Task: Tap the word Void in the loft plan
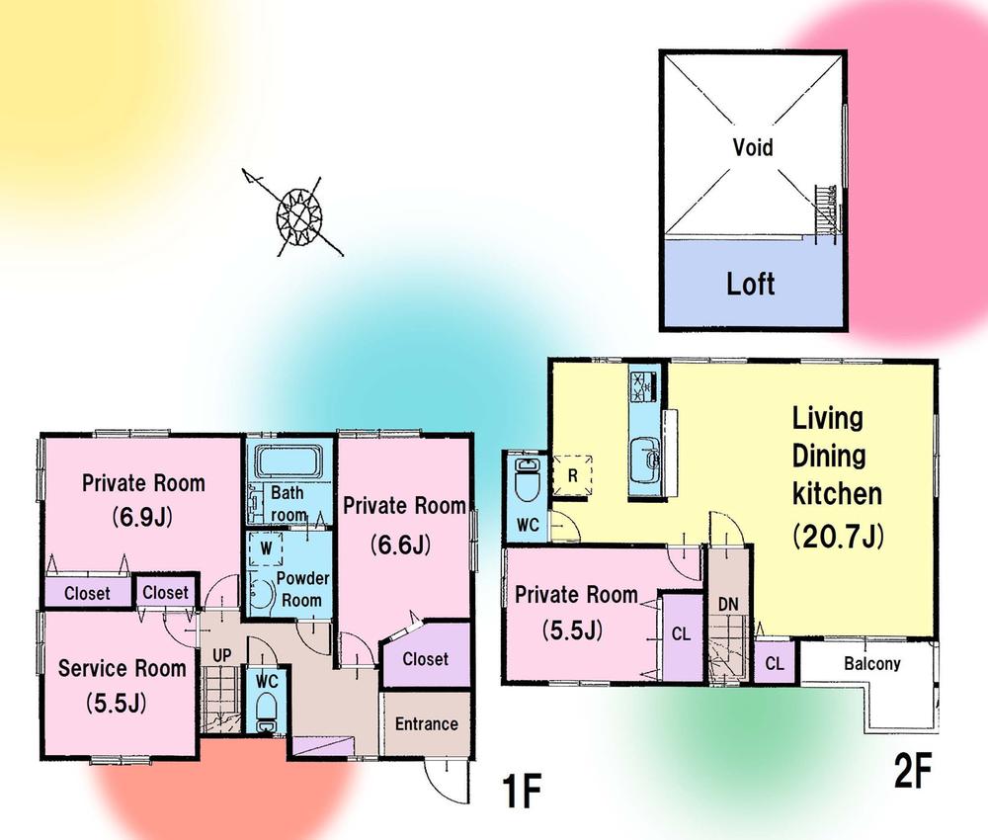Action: point(753,148)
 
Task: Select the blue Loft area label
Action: point(751,285)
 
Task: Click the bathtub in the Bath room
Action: point(288,462)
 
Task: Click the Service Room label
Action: point(123,668)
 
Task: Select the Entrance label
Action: point(426,723)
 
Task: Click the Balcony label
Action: point(871,664)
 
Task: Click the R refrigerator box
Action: point(572,473)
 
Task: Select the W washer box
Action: point(266,546)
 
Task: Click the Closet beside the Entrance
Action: point(425,659)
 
